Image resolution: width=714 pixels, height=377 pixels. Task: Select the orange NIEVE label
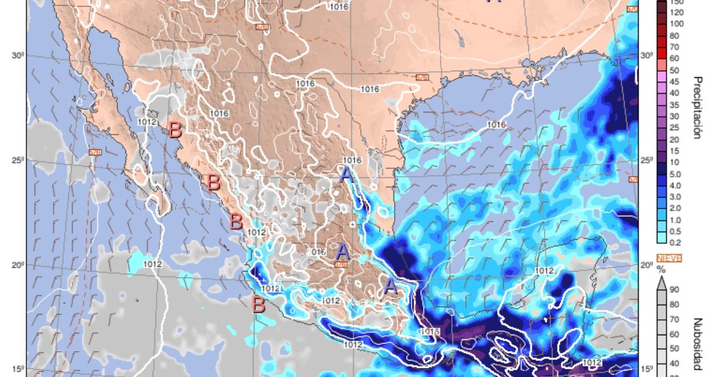coord(669,257)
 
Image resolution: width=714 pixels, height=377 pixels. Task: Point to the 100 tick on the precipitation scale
coord(676,24)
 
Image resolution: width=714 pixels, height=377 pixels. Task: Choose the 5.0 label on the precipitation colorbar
coord(675,174)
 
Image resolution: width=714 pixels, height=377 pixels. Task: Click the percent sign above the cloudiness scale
coord(662,269)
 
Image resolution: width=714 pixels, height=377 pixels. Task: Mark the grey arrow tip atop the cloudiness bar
coord(662,282)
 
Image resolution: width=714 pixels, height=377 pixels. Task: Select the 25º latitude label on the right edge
coord(646,160)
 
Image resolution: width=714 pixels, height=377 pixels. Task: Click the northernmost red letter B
coord(175,130)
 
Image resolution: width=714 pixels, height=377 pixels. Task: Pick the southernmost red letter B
coord(258,305)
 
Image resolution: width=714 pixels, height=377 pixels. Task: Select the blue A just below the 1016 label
coord(346,174)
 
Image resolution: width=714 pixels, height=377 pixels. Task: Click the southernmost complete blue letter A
coord(389,287)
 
